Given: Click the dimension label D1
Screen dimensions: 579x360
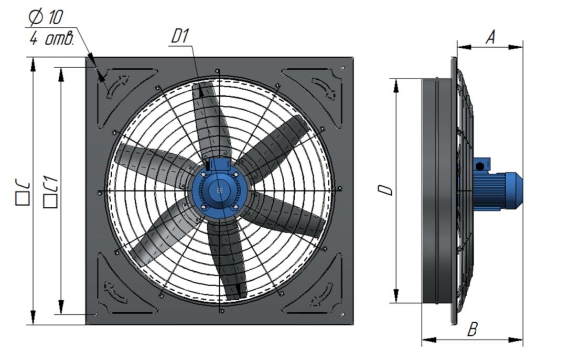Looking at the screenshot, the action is (x=180, y=36).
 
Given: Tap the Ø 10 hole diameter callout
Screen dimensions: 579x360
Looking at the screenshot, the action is (x=46, y=17).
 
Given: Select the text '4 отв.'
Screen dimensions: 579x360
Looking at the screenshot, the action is (x=52, y=38).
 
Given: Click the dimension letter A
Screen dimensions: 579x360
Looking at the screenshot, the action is (x=490, y=37).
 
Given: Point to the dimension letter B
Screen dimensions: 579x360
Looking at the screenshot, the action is (x=473, y=329).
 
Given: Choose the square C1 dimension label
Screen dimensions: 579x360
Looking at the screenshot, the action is (x=51, y=192).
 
